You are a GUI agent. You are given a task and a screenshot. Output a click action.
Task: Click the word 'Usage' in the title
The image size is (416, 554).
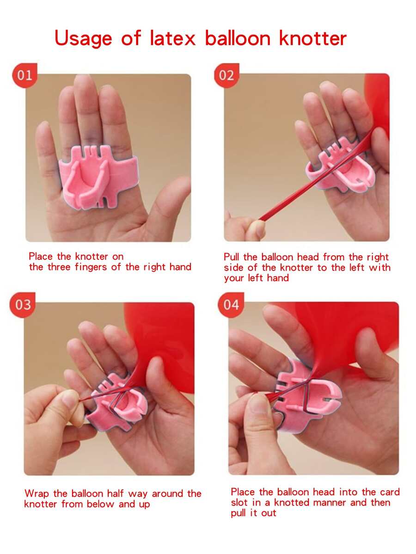[83, 38]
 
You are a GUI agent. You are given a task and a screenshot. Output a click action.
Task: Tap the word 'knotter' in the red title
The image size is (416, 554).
[313, 38]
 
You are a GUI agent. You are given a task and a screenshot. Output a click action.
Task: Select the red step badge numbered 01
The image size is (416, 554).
[24, 75]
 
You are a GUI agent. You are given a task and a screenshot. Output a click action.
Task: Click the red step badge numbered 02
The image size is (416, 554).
[226, 75]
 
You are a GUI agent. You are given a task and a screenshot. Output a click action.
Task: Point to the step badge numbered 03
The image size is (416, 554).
[23, 305]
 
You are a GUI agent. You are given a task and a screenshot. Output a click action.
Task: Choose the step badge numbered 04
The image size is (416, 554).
[231, 305]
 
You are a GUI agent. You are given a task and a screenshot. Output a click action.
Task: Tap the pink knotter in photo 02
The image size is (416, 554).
[338, 166]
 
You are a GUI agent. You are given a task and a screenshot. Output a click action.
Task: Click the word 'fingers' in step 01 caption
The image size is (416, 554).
[92, 267]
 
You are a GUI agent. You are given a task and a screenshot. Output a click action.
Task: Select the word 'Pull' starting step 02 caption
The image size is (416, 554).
[231, 257]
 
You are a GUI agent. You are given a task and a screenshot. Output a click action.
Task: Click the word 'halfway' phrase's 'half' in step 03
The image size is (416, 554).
[116, 493]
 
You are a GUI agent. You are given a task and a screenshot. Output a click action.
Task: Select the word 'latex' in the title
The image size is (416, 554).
[172, 38]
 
